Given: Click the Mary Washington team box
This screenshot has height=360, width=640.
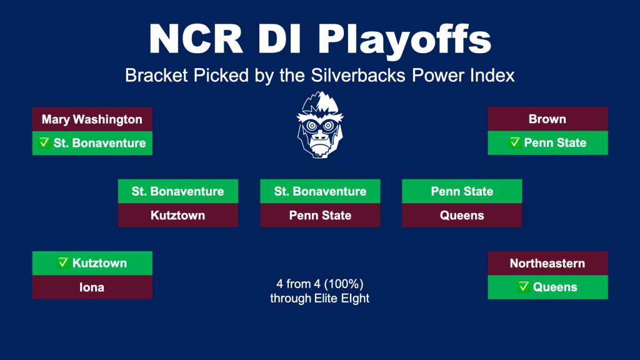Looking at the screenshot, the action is pos(92,119).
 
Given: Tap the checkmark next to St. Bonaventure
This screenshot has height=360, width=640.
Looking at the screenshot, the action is pos(44,143).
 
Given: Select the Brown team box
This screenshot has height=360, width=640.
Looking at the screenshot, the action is pos(547,119).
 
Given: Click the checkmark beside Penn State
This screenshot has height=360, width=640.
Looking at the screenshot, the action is pos(515,142).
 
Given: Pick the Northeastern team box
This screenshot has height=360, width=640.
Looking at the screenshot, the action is pos(547,263).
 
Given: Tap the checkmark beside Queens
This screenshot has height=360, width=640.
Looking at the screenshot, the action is pos(524,287).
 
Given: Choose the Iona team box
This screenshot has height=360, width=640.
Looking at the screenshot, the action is pos(92,287).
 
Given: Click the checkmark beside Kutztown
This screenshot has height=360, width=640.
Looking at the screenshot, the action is pos(63,263).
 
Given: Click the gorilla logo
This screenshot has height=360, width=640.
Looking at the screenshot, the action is pos(320,125).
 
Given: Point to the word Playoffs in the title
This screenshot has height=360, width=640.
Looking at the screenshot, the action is pos(404,40).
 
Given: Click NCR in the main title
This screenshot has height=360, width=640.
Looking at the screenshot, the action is pos(196,39).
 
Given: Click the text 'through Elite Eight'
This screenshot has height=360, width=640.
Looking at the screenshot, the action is pos(319,298).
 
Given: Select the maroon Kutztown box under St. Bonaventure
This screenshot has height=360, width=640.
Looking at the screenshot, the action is pos(178,215).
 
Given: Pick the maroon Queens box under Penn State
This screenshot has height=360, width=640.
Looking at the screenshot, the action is pos(462,215).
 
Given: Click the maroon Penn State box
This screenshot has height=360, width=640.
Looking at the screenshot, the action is pos(321,215).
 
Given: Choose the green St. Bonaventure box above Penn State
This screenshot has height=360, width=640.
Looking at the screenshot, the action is pos(321,191).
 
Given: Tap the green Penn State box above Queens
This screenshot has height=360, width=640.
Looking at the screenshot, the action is pos(462,191).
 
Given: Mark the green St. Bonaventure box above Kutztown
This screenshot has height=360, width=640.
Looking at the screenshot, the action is pos(178,191).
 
